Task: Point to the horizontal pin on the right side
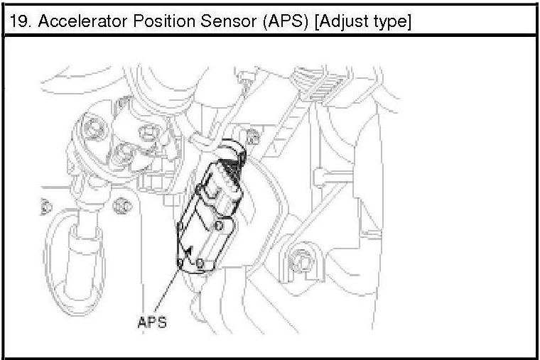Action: coord(340,173)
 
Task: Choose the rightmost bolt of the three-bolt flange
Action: coord(148,132)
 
